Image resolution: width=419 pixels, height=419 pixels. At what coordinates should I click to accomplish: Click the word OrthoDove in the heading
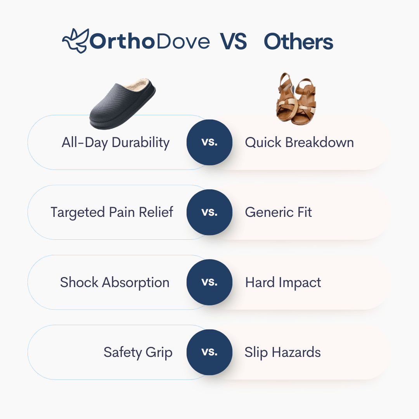click(x=150, y=42)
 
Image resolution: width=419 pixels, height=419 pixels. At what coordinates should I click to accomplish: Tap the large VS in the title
click(x=234, y=42)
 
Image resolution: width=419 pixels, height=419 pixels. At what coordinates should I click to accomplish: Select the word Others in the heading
click(x=298, y=42)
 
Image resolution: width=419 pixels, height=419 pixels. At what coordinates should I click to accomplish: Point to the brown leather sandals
click(x=296, y=99)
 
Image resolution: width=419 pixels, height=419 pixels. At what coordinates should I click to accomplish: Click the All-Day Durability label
click(x=116, y=142)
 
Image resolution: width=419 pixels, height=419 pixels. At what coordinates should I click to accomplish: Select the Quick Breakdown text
click(x=299, y=142)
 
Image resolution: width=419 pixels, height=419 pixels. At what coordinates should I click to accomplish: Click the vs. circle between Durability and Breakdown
click(x=209, y=142)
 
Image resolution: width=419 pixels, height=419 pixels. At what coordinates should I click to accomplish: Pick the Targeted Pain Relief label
click(x=112, y=212)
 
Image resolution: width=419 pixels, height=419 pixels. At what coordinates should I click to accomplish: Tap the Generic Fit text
click(x=278, y=212)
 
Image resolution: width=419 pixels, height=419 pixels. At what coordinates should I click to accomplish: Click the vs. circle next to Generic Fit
click(x=209, y=212)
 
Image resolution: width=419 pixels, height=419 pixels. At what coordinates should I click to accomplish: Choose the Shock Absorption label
click(x=114, y=282)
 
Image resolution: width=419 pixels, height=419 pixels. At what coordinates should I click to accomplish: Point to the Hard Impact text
click(x=283, y=282)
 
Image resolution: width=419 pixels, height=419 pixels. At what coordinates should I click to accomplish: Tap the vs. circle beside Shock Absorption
click(x=209, y=282)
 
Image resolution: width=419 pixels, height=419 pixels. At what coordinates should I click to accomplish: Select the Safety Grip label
click(x=138, y=352)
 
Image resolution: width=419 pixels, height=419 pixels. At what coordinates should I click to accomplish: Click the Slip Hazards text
click(x=282, y=352)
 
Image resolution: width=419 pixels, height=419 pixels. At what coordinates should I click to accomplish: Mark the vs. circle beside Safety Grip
click(x=209, y=352)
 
